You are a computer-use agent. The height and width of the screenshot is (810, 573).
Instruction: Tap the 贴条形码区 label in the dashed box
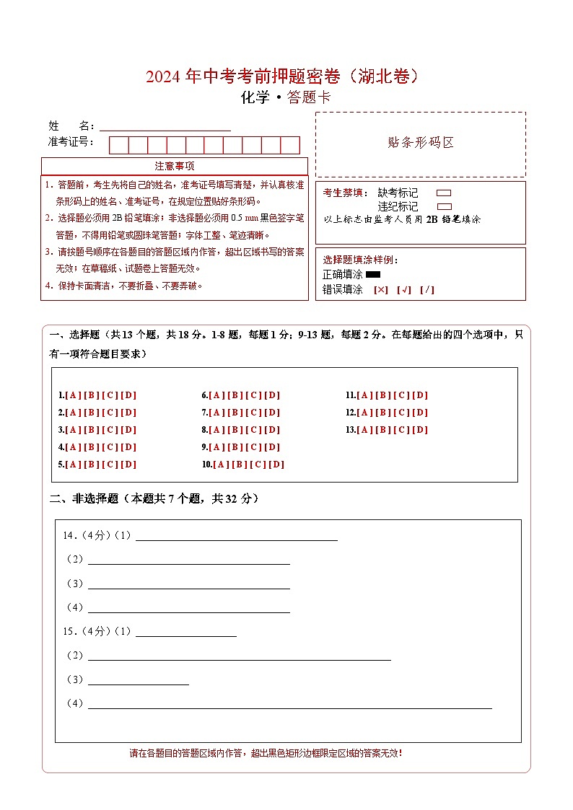point(421,143)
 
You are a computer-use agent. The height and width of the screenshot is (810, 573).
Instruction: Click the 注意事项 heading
point(175,167)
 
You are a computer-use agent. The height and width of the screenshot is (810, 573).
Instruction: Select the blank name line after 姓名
point(165,127)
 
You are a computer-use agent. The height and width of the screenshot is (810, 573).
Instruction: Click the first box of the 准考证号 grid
point(119,145)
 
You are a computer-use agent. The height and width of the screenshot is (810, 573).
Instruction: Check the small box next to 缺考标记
point(444,193)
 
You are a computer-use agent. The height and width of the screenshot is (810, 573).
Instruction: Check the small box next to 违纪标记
point(444,206)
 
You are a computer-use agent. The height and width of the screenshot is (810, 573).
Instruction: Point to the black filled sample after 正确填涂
point(373,274)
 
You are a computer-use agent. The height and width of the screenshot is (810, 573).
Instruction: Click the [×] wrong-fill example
point(380,290)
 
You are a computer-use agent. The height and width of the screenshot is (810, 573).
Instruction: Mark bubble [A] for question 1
point(73,395)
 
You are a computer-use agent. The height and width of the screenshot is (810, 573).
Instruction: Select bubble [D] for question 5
point(128,465)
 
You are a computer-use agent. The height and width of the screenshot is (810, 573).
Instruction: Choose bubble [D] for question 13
point(420,430)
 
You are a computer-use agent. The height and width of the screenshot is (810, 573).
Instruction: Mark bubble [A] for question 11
point(364,395)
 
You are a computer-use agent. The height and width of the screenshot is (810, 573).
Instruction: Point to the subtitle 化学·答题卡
point(286,98)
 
